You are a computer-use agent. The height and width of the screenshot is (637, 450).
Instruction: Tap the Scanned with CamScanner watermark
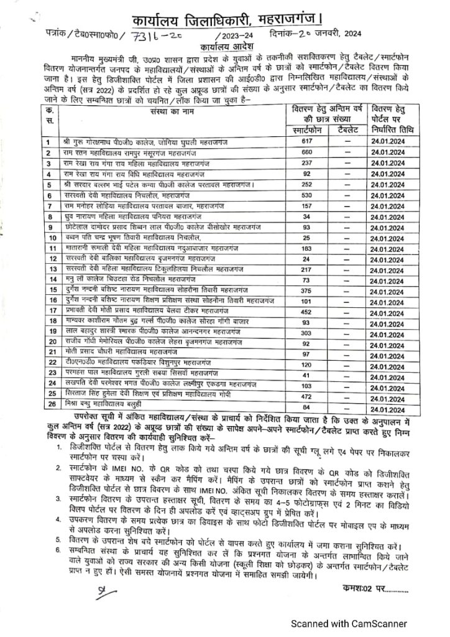pos(350,623)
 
